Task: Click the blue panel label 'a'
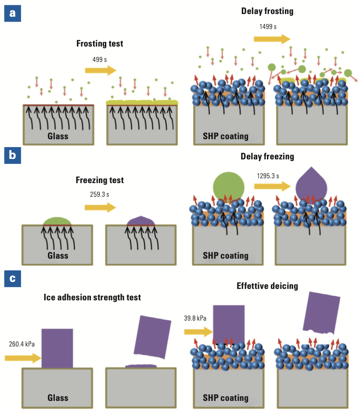pyautogui.click(x=12, y=13)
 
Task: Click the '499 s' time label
pyautogui.click(x=99, y=59)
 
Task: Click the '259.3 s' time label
pyautogui.click(x=99, y=193)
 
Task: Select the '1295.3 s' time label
pyautogui.click(x=268, y=176)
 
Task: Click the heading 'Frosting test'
pyautogui.click(x=100, y=43)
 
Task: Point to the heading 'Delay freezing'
pyautogui.click(x=267, y=156)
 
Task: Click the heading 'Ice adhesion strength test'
pyautogui.click(x=92, y=297)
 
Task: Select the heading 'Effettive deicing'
pyautogui.click(x=267, y=286)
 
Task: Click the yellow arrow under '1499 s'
pyautogui.click(x=272, y=39)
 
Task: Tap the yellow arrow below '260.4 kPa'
pyautogui.click(x=23, y=358)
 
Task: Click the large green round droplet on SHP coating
pyautogui.click(x=229, y=187)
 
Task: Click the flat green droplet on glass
pyautogui.click(x=57, y=221)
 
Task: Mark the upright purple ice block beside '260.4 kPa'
pyautogui.click(x=57, y=348)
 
